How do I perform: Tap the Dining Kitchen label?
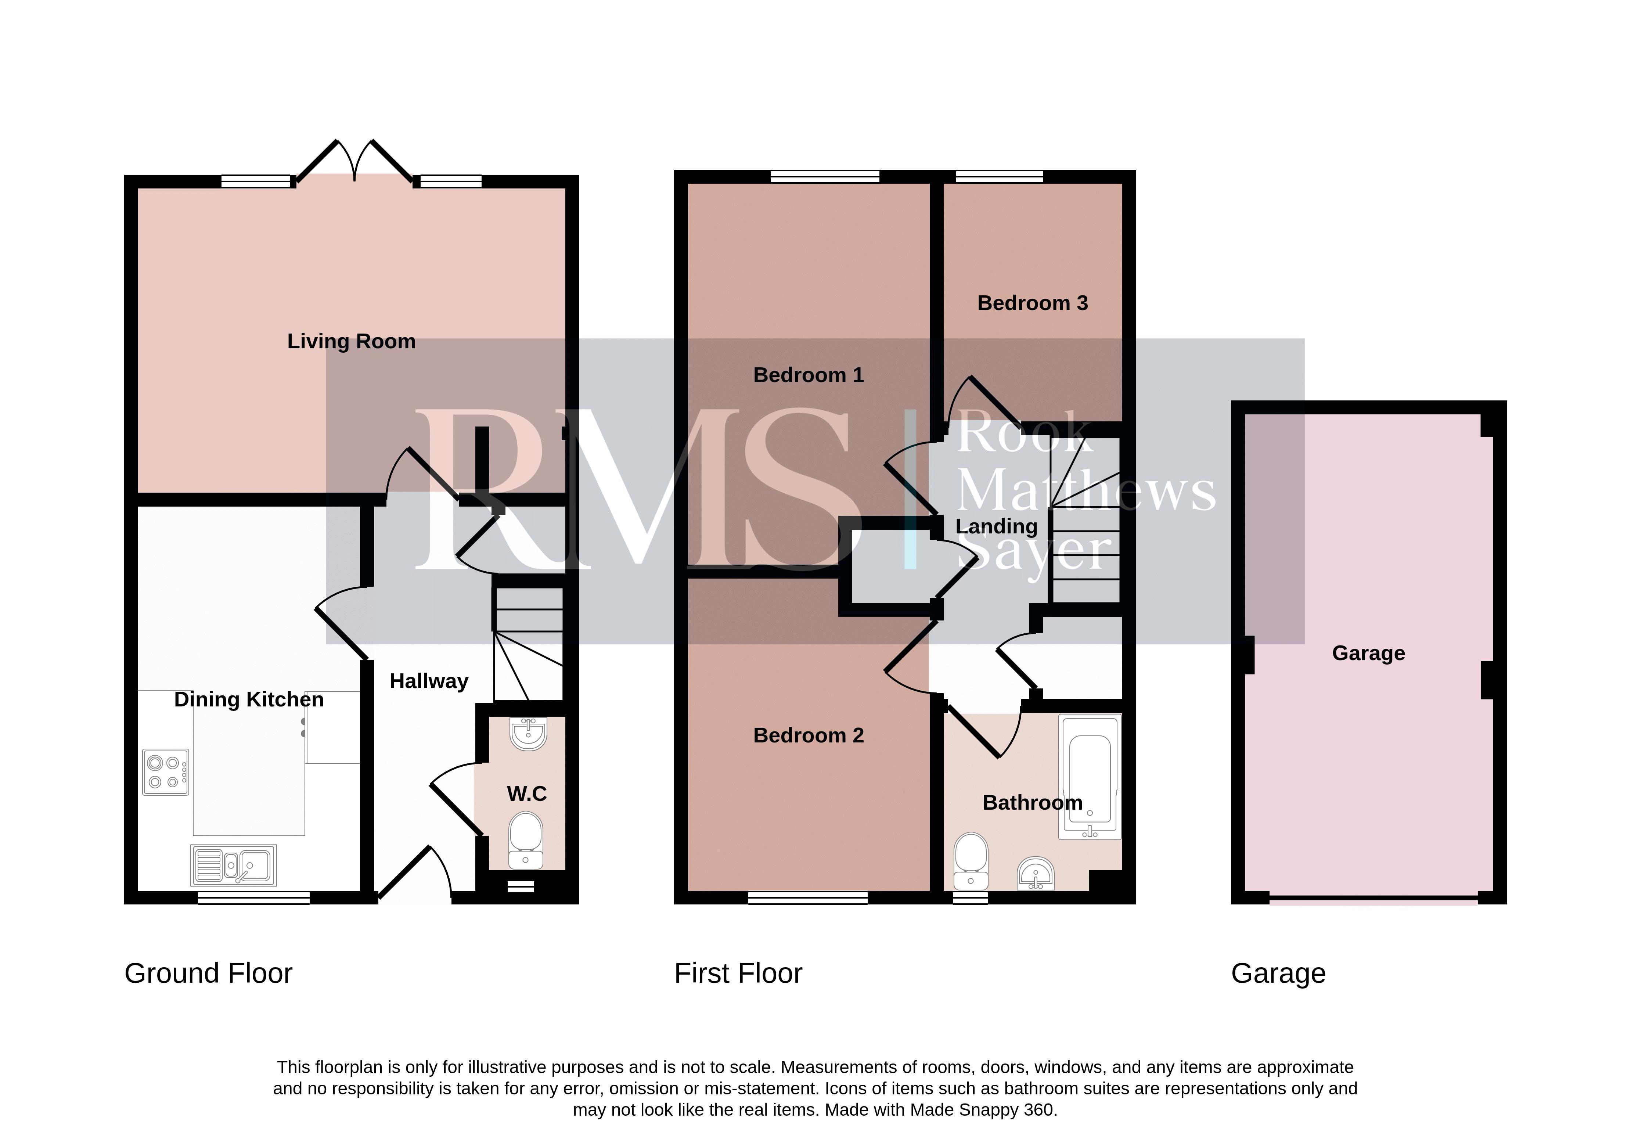pos(249,700)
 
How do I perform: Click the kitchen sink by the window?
pos(234,865)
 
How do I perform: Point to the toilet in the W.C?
pos(526,842)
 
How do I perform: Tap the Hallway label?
pos(429,681)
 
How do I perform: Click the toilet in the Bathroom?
pos(971,861)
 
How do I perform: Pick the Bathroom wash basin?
pos(1036,874)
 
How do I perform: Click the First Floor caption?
pos(738,973)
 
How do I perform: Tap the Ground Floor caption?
pos(208,973)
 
